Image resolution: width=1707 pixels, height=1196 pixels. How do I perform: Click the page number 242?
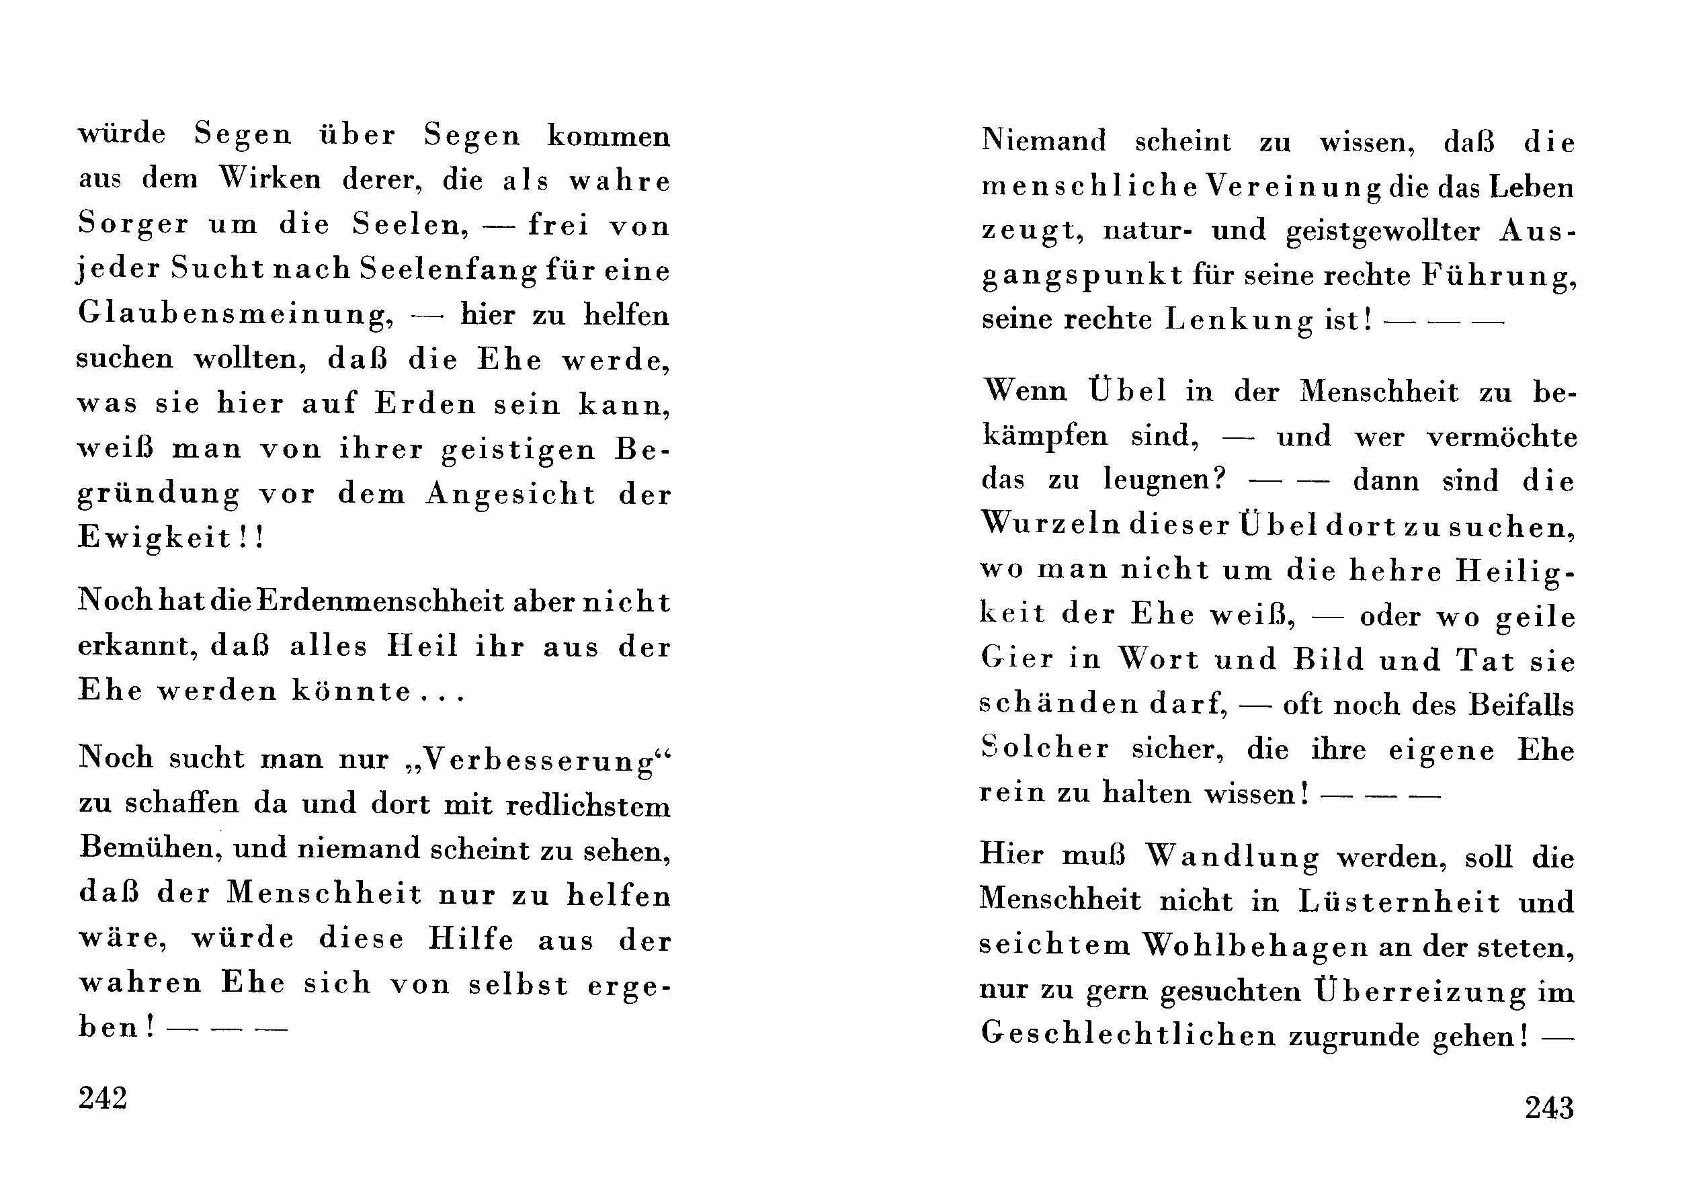point(103,1098)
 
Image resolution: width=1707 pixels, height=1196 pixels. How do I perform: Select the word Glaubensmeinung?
point(236,315)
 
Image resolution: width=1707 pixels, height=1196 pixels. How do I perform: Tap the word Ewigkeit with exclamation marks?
point(171,538)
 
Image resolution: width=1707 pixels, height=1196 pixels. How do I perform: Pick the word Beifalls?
point(1521,705)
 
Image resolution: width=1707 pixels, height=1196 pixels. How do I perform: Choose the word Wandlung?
point(1231,857)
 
